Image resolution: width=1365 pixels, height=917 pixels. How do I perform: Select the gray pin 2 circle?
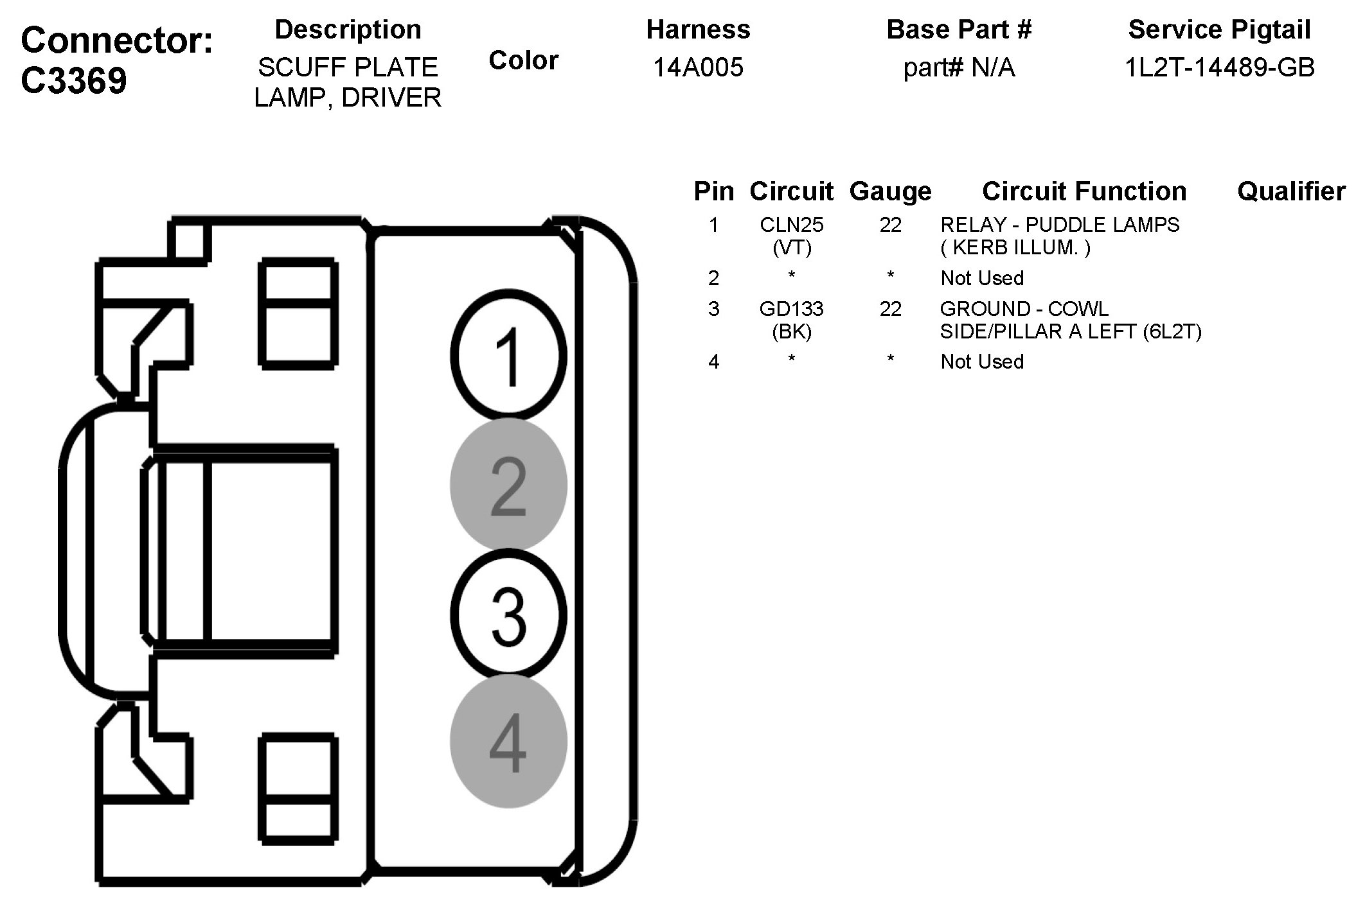(508, 485)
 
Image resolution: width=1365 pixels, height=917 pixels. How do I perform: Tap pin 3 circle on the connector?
(508, 615)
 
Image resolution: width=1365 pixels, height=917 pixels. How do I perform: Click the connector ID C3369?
(74, 81)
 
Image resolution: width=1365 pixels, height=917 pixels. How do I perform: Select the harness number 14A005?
(698, 67)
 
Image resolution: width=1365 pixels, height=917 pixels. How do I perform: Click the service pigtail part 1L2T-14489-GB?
(1219, 67)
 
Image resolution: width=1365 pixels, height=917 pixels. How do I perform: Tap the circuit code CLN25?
(792, 225)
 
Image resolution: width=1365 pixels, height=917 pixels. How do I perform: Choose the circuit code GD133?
(792, 309)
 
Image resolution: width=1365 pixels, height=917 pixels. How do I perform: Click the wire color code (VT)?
(792, 248)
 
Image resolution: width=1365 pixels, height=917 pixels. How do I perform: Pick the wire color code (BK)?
(792, 331)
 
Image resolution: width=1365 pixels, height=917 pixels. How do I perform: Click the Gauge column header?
(890, 191)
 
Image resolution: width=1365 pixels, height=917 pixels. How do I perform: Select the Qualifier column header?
(1290, 191)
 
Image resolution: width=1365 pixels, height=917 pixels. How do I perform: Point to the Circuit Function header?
(1084, 191)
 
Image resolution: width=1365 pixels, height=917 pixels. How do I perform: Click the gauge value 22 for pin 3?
(890, 309)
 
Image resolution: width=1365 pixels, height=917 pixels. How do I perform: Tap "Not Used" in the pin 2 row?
(982, 278)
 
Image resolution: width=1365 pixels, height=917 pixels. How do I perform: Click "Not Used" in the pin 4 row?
(982, 362)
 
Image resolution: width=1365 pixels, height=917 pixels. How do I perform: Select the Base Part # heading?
(959, 30)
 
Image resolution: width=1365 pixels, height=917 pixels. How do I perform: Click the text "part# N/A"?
(959, 67)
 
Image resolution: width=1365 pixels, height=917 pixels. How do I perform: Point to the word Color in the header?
(523, 60)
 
